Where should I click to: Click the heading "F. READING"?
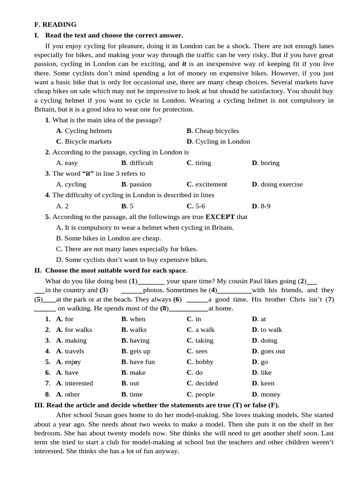55,24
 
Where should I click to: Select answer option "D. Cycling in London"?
218,142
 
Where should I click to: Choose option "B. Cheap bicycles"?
212,131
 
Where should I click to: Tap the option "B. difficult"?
137,163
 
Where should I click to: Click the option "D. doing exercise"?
277,185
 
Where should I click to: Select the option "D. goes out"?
268,352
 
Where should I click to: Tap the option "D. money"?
266,395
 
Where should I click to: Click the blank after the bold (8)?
188,309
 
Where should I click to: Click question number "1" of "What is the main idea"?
47,120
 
